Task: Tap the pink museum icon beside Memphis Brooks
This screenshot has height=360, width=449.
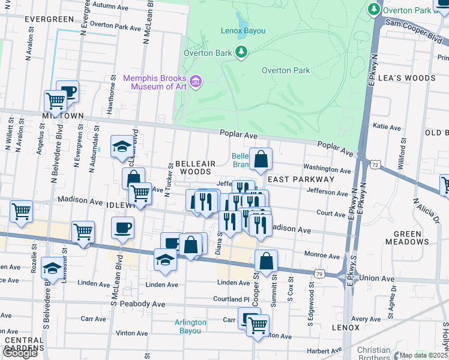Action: click(195, 82)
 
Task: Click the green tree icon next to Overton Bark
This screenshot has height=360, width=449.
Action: click(241, 52)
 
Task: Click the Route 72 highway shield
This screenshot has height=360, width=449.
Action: click(375, 164)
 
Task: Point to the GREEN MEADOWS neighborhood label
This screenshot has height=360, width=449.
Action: click(417, 238)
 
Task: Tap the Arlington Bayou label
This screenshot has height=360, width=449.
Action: click(190, 326)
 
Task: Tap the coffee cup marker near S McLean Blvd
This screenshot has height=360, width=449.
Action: click(123, 227)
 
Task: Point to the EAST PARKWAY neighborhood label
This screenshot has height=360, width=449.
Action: click(300, 179)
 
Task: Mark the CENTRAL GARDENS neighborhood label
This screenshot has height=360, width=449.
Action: click(24, 344)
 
